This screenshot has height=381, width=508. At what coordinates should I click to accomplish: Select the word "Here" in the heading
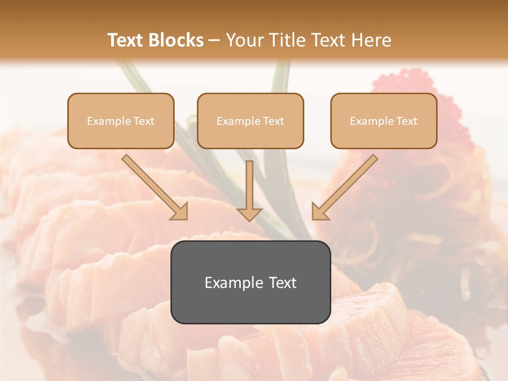371,40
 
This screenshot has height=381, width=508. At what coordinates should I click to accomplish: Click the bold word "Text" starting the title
126,40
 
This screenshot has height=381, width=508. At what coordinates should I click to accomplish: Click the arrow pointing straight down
249,190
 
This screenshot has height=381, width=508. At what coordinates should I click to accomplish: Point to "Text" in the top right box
406,121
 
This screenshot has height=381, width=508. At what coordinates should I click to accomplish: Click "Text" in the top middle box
273,121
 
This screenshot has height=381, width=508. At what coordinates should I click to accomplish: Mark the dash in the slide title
215,40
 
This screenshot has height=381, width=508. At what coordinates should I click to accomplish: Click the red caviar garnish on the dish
397,85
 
